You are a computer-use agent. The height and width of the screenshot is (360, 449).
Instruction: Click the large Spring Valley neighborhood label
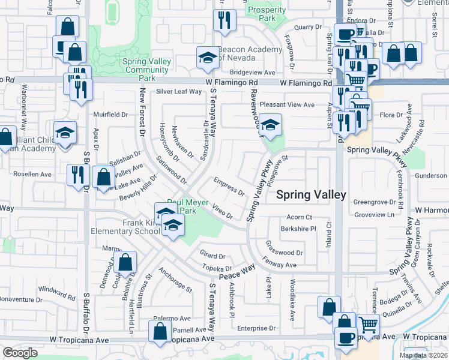(310, 195)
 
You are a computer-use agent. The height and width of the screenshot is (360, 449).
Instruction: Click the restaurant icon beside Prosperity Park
(224, 20)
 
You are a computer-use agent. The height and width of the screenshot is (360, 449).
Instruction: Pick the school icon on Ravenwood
(270, 125)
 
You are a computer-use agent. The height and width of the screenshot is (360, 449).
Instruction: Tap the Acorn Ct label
(300, 217)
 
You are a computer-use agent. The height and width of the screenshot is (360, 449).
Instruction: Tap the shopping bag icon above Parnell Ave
(160, 332)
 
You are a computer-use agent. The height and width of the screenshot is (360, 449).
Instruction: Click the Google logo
(20, 353)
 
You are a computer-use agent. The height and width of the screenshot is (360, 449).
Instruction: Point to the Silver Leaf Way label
(179, 92)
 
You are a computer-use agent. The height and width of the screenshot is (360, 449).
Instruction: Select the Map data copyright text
(423, 355)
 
